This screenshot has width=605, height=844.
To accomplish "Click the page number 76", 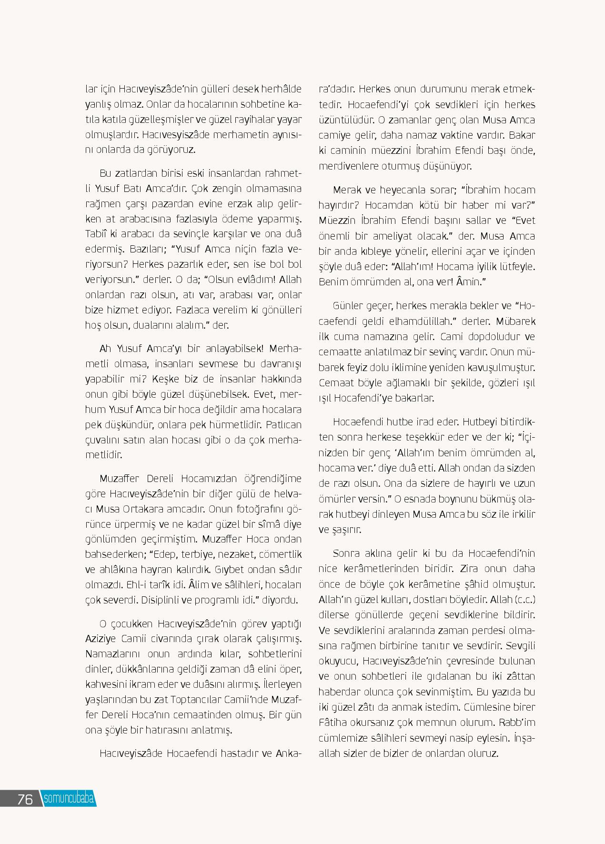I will coord(25,799).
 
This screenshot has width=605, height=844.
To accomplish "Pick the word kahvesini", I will coord(103,684).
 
